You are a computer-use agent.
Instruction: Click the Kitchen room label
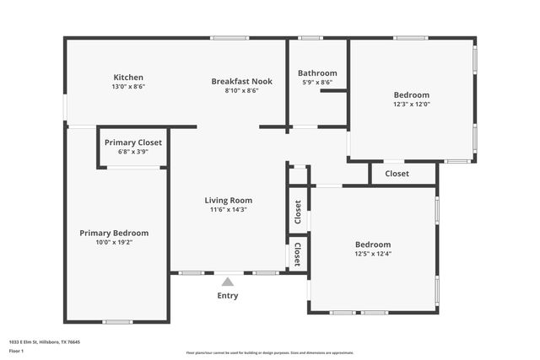point(128,78)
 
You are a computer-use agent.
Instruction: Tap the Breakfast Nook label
point(241,81)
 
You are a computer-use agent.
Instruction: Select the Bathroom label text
point(319,73)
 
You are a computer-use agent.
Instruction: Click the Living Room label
point(228,201)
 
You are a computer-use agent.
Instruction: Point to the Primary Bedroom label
point(114,233)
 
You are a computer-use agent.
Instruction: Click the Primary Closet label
point(133,142)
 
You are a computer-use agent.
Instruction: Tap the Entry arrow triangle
point(228,282)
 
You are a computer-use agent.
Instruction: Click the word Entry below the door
point(228,296)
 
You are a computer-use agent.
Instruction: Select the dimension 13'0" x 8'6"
point(128,87)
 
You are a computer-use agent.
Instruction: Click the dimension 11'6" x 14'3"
point(228,210)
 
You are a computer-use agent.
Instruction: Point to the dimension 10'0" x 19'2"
point(114,242)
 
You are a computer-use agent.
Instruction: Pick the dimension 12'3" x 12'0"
point(412,105)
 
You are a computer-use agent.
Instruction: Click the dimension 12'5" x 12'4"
point(372,254)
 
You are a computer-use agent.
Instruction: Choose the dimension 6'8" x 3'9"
point(133,153)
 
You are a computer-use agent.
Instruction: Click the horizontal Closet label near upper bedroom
point(397,174)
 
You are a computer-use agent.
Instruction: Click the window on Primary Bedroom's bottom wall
point(117,322)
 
